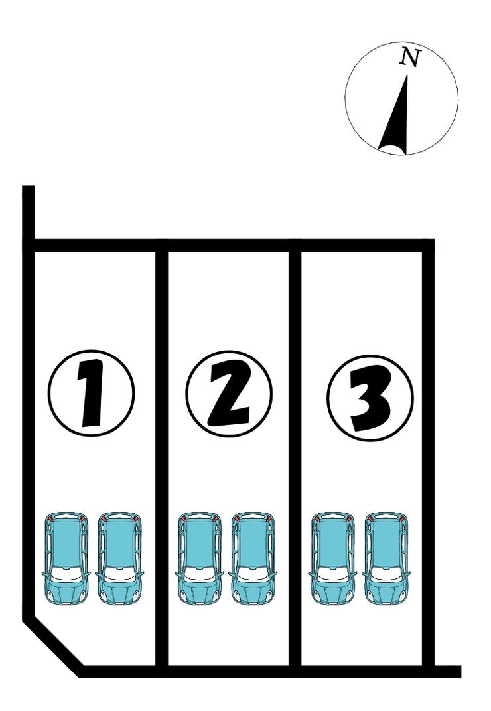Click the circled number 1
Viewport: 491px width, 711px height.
(91, 393)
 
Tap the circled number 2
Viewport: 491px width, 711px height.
(229, 393)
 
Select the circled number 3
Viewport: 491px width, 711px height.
(370, 398)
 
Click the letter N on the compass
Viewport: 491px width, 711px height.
(410, 58)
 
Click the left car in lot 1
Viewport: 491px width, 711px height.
(66, 559)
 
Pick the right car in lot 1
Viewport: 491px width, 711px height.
(120, 559)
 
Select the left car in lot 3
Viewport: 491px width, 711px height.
(333, 559)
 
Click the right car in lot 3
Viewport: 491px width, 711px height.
(387, 559)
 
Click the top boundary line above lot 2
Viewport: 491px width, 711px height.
(228, 245)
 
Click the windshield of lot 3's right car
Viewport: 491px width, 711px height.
(387, 573)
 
